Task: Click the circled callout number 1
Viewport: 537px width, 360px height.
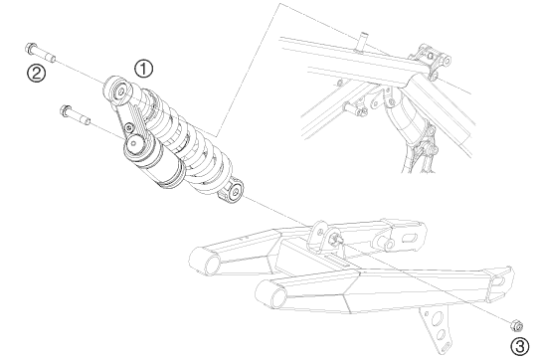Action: coord(143,69)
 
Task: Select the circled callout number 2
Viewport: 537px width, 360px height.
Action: coord(37,74)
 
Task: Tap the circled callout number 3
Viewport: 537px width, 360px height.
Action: coord(520,347)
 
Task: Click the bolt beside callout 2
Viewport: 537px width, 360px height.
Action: coord(40,53)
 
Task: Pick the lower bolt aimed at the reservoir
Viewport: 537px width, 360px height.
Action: coord(75,115)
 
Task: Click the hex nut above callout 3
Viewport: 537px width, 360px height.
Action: coord(516,325)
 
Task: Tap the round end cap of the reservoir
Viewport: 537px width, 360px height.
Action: coord(134,143)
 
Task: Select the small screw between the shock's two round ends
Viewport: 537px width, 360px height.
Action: coord(129,127)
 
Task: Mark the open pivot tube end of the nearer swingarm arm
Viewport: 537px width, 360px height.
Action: coord(278,298)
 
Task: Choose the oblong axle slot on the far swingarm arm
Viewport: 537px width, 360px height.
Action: coord(411,237)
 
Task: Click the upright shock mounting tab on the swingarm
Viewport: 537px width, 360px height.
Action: coord(318,237)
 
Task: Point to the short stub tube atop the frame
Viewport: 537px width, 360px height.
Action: coord(363,41)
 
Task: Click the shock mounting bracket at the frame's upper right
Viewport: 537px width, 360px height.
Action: coord(433,60)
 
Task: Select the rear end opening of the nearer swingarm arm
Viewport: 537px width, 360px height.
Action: coord(498,281)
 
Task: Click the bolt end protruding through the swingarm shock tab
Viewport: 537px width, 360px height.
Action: coord(336,239)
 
